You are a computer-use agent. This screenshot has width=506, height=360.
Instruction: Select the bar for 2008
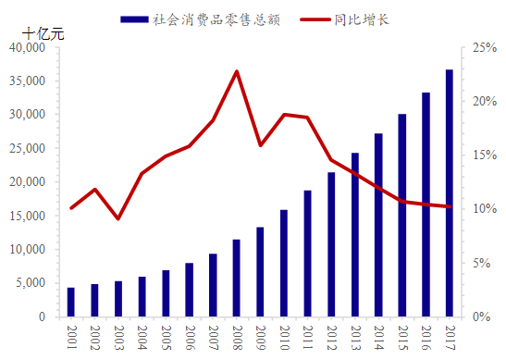tap(237, 278)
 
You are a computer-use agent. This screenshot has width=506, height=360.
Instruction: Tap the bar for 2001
tap(71, 302)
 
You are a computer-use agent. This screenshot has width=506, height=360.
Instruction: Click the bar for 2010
tap(284, 263)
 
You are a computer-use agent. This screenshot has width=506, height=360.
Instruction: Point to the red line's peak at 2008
tap(237, 71)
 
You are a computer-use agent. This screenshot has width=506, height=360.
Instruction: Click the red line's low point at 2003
tap(118, 218)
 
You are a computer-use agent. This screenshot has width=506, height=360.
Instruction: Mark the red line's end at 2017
tap(449, 207)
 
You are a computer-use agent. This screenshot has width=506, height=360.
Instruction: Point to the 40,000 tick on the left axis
tap(30, 47)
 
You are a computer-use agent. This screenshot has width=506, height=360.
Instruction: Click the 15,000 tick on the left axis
tap(30, 216)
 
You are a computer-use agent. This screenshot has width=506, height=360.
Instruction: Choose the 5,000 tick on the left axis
tap(32, 283)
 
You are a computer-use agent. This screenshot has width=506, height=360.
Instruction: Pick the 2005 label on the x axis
tap(166, 335)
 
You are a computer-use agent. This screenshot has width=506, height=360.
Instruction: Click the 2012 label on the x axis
tap(331, 335)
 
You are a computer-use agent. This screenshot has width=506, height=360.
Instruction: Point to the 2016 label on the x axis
tap(426, 335)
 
